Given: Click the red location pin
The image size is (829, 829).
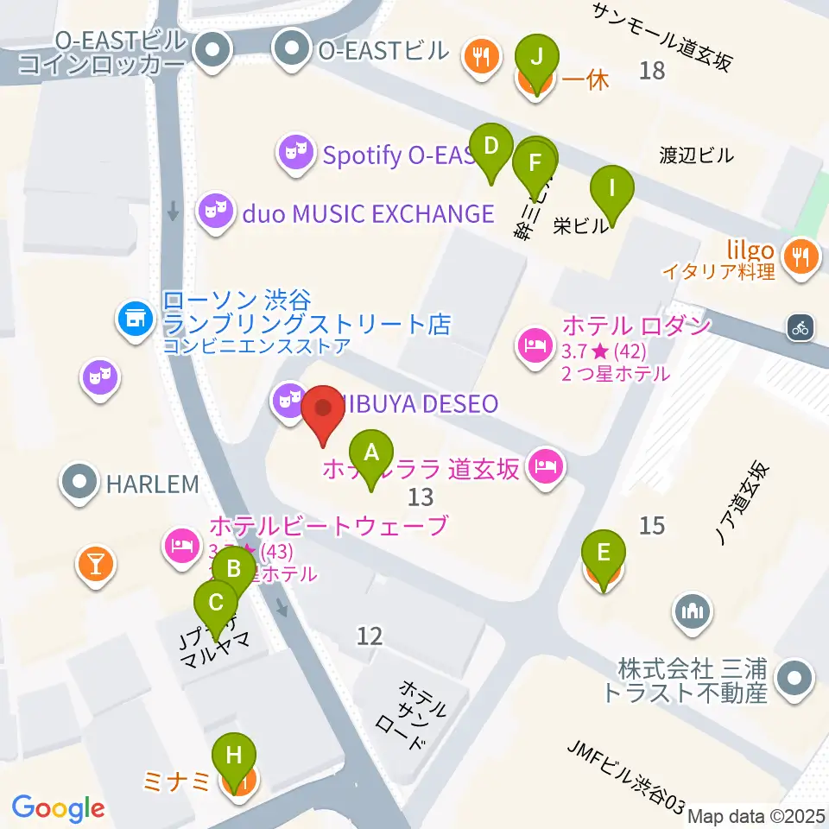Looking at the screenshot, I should coord(324,414).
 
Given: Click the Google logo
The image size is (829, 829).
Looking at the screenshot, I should coord(58,807).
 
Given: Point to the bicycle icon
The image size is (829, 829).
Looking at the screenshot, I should coord(801,327).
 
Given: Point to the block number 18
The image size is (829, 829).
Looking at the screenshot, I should coord(652,70).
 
